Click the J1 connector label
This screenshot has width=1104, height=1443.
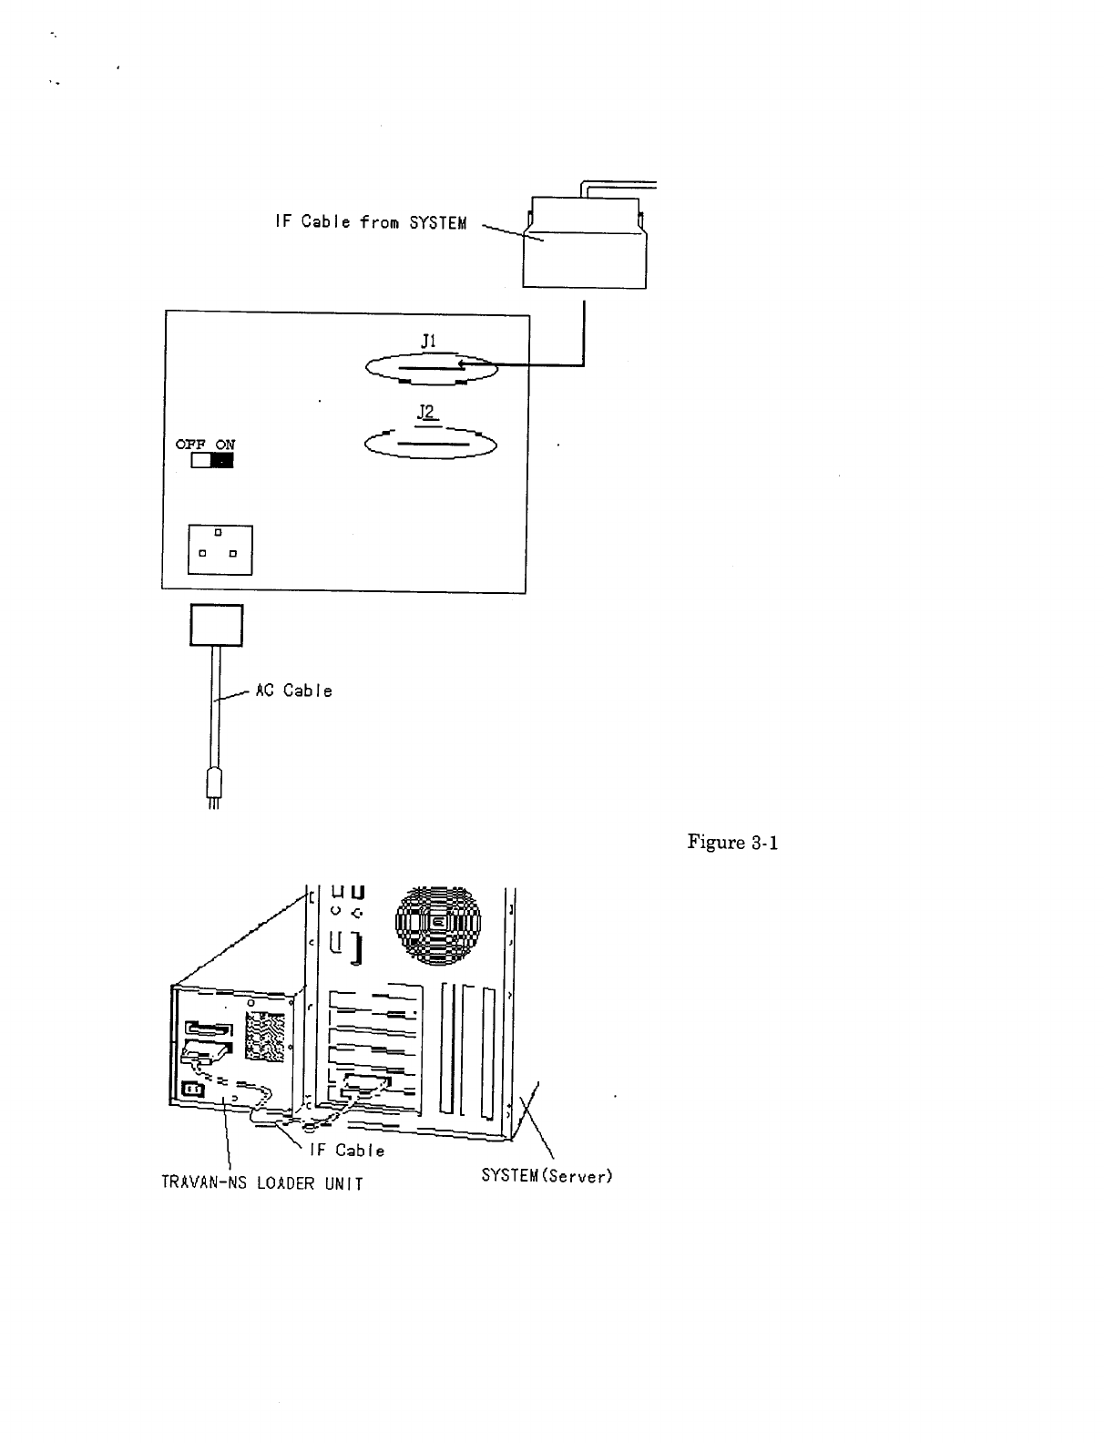click(x=428, y=340)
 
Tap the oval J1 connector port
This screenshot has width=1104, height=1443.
click(x=431, y=369)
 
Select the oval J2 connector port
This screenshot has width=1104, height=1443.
click(x=430, y=444)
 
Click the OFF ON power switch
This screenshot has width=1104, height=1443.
click(x=211, y=460)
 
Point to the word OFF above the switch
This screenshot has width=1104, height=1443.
click(x=189, y=445)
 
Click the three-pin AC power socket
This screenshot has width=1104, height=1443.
click(x=220, y=549)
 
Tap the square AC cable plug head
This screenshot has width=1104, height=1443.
click(x=217, y=625)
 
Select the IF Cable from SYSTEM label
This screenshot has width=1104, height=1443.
click(x=370, y=221)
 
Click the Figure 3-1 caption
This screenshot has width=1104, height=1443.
click(x=733, y=843)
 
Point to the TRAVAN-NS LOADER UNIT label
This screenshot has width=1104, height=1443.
click(x=261, y=1183)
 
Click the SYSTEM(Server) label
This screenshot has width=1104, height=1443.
click(x=547, y=1176)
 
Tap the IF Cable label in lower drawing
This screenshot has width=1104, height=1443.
click(x=347, y=1151)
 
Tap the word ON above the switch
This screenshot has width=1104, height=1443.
click(x=224, y=445)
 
